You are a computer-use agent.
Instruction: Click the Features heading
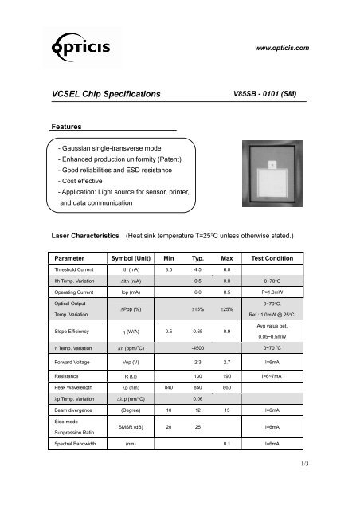tap(68, 127)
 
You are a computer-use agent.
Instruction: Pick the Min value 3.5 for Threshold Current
tap(168, 271)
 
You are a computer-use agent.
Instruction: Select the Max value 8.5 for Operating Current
tap(226, 292)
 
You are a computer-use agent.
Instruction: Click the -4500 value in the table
tap(196, 347)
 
